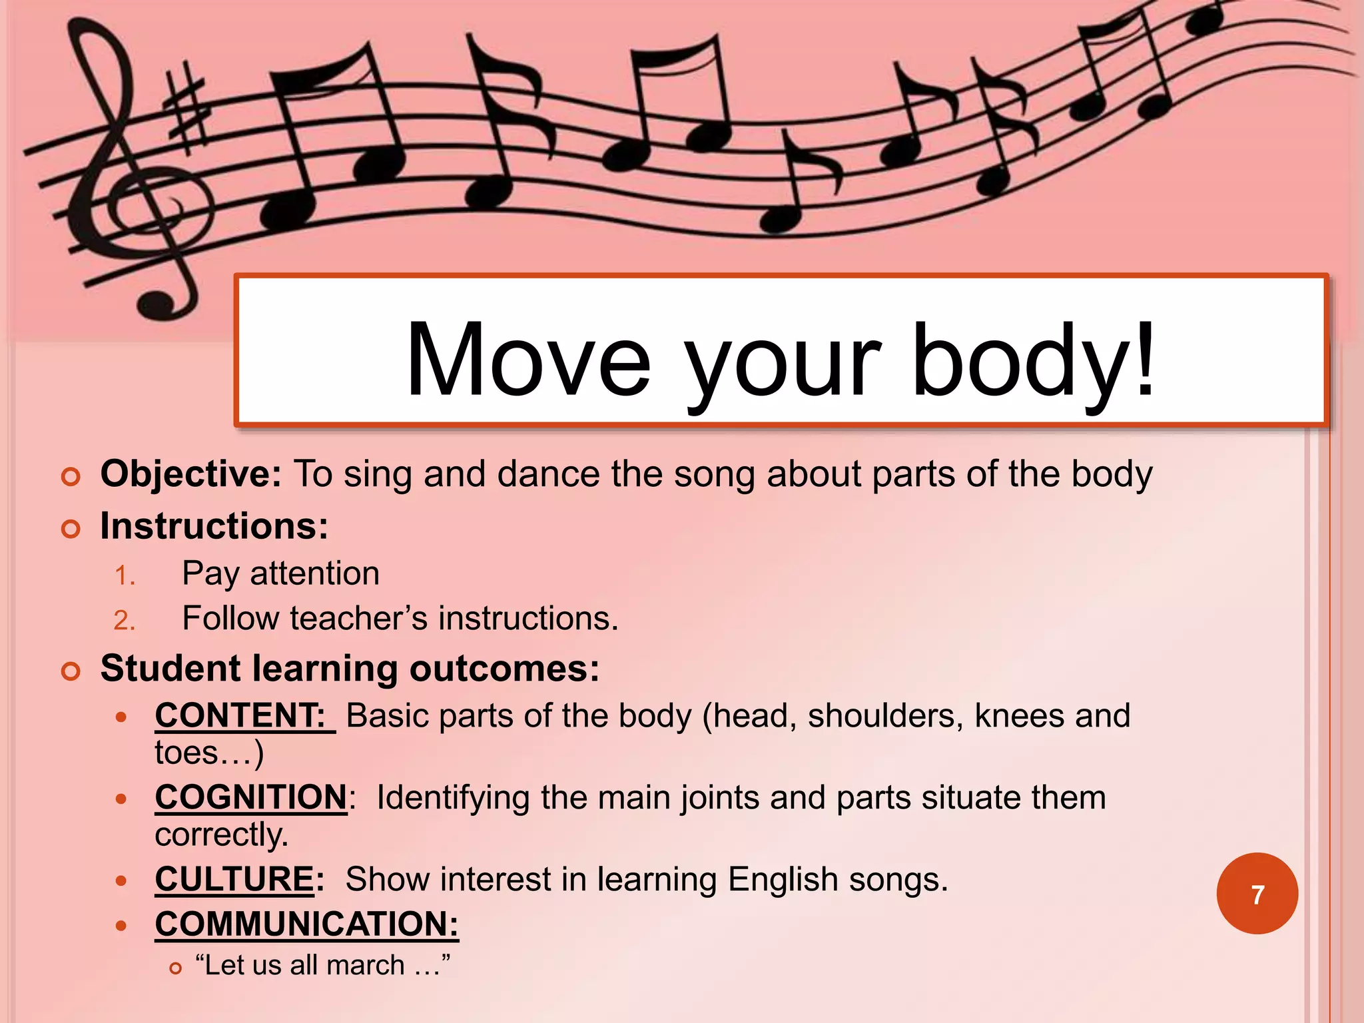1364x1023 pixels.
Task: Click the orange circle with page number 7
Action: point(1257,894)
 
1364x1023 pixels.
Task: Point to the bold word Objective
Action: point(190,474)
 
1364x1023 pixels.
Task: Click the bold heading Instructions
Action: point(214,526)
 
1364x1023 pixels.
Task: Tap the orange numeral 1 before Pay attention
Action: point(124,575)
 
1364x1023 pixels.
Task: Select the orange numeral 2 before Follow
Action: point(124,621)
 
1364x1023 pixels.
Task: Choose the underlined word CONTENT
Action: point(240,716)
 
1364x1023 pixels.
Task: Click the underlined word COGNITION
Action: point(250,797)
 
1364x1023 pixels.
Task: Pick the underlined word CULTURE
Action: point(234,879)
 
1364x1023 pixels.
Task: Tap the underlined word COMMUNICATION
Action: point(306,924)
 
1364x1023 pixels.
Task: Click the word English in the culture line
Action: point(782,879)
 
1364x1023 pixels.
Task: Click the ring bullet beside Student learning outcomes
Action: point(71,671)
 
